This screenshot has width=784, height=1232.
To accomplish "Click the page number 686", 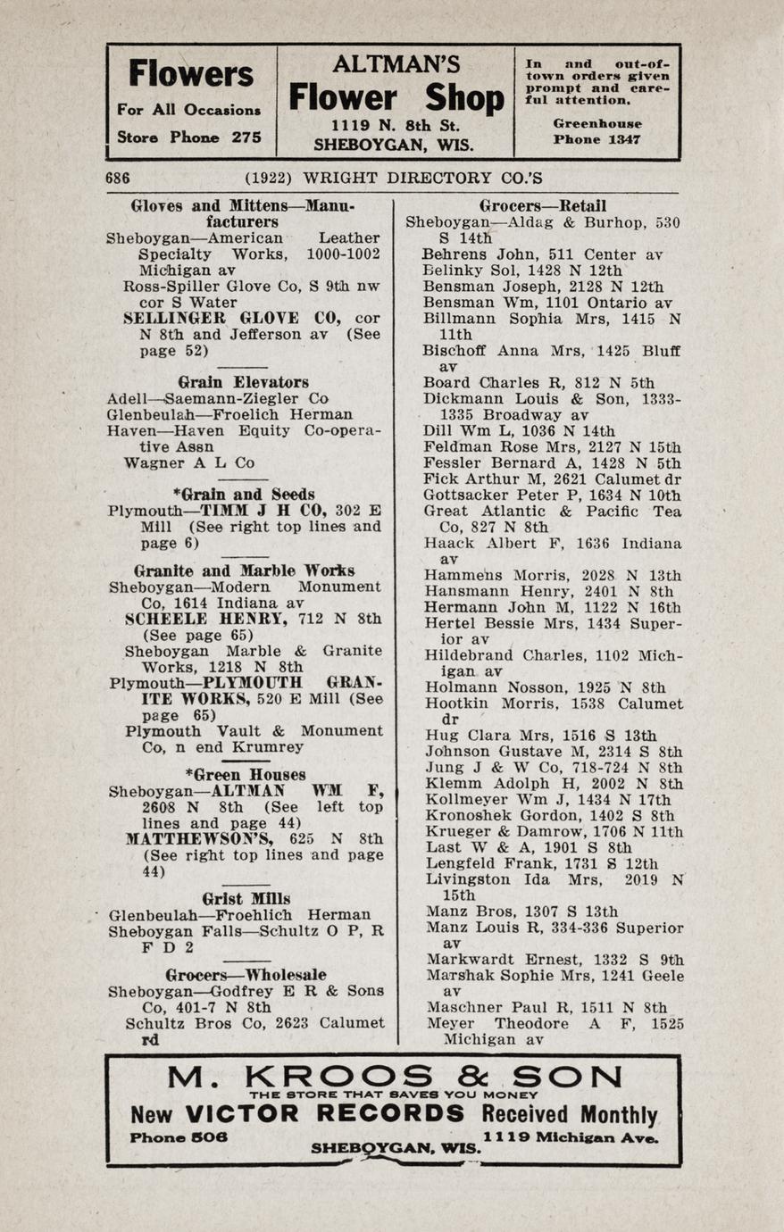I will (x=118, y=178).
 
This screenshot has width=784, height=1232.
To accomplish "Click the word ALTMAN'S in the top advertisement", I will (x=396, y=64).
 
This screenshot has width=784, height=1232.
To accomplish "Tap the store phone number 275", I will (x=246, y=137).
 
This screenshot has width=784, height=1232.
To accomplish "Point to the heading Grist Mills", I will (x=246, y=898).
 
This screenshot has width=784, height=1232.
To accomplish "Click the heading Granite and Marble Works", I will (x=244, y=570).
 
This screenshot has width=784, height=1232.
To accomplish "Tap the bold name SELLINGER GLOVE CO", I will (x=235, y=319).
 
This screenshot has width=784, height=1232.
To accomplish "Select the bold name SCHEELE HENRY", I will (x=204, y=619).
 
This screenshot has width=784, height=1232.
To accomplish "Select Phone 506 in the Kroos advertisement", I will (x=179, y=1137).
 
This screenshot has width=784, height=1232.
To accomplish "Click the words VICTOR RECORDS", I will (x=325, y=1114).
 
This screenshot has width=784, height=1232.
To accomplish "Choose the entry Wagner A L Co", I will (x=189, y=462).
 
